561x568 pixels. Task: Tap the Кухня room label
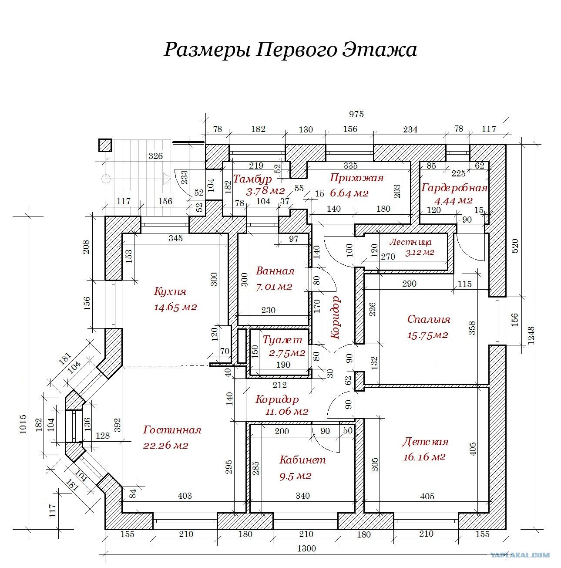click(x=170, y=291)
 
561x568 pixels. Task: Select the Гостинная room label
click(x=172, y=430)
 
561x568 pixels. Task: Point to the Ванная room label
click(x=275, y=271)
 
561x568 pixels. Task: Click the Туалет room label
click(x=282, y=340)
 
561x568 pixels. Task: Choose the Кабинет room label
click(x=302, y=460)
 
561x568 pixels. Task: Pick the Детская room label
click(x=425, y=442)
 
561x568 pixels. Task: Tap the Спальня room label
click(x=429, y=320)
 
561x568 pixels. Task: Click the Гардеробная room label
click(x=454, y=188)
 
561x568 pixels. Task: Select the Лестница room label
click(x=410, y=242)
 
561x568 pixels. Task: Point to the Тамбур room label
click(x=252, y=179)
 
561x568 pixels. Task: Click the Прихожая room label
click(x=356, y=178)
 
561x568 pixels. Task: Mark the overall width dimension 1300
click(x=306, y=548)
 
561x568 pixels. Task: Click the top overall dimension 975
click(x=356, y=114)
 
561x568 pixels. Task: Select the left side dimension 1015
click(x=23, y=424)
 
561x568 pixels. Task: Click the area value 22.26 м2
click(x=165, y=445)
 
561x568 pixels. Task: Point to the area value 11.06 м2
click(x=287, y=412)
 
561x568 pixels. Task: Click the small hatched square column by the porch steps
click(x=105, y=145)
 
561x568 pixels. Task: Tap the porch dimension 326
click(x=155, y=156)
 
